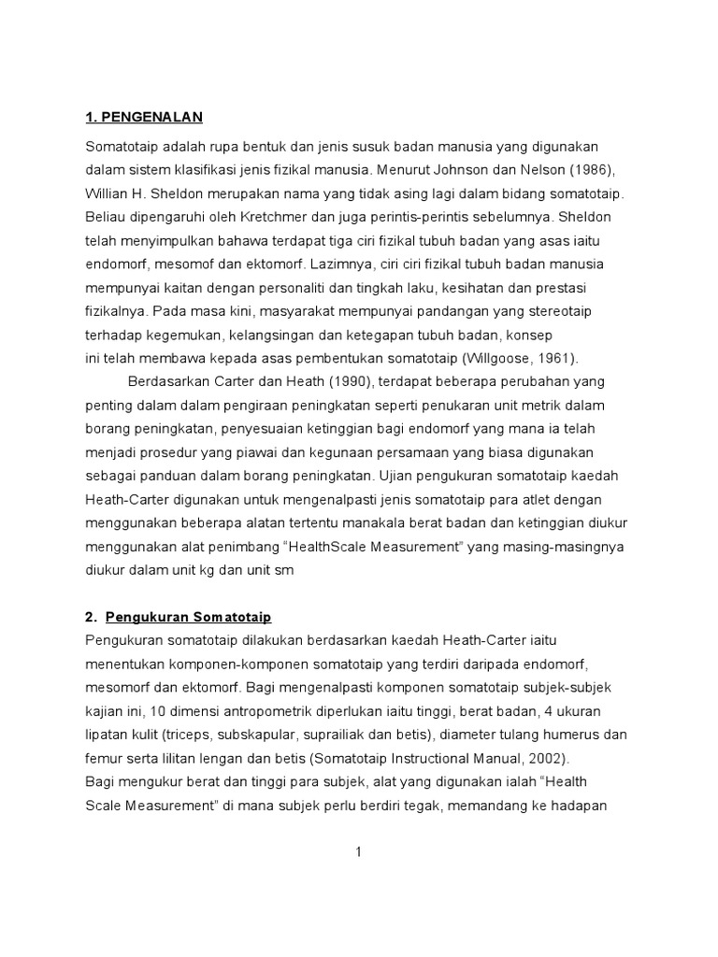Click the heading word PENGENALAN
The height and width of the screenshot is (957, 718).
click(151, 117)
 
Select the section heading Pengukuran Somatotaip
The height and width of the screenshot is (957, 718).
click(188, 618)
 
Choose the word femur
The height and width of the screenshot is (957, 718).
click(103, 756)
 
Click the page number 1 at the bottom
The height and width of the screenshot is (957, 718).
click(358, 851)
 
